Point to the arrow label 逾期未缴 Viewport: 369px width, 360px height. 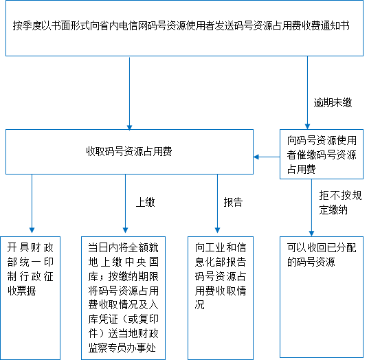(333, 102)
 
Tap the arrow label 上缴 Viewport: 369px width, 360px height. (146, 202)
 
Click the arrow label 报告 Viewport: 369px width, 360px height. (233, 202)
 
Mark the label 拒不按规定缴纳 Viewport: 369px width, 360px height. (340, 203)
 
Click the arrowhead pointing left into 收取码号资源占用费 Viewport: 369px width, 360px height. (256, 157)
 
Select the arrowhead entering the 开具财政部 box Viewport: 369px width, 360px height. (32, 230)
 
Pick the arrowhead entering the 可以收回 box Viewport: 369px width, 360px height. (311, 233)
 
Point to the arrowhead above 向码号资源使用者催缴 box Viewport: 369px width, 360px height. (307, 126)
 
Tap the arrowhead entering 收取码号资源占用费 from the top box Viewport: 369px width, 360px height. (129, 127)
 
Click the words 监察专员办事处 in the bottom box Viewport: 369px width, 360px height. (122, 348)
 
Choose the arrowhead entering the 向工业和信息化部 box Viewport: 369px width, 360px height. (217, 230)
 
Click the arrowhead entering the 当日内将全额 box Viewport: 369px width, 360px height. (126, 230)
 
